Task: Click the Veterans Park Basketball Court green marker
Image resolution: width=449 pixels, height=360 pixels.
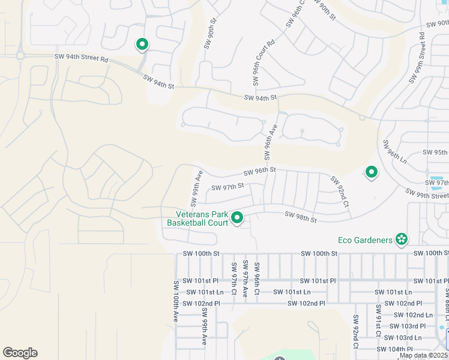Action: tap(237, 218)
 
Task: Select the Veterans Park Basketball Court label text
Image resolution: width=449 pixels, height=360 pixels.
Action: tap(197, 218)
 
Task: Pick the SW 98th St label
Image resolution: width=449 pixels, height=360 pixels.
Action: tap(300, 217)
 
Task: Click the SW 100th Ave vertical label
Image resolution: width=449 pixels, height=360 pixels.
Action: tap(176, 301)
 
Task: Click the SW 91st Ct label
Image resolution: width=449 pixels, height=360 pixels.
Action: tap(378, 320)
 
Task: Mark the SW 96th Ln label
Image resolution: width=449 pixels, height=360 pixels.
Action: tap(394, 152)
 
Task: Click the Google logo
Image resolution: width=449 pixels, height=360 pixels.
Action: tap(20, 352)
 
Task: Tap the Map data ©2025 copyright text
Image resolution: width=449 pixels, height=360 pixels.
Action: tap(424, 355)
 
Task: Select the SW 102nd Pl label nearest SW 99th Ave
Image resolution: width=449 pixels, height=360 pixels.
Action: tap(203, 304)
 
